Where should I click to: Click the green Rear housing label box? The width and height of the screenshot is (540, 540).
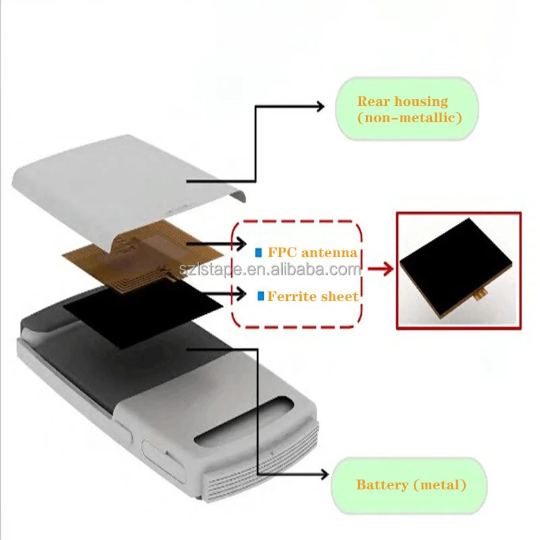coord(407,109)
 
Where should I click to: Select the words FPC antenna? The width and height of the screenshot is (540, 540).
coord(312,253)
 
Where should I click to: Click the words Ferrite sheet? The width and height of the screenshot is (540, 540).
coord(313,296)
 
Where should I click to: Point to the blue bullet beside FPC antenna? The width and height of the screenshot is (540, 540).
coord(258,253)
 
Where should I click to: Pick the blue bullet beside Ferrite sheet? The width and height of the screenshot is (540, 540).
coord(261,296)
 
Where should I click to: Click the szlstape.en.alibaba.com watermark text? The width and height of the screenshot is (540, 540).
coord(270,271)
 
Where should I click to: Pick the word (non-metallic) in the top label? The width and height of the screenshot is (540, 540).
coord(409,117)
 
